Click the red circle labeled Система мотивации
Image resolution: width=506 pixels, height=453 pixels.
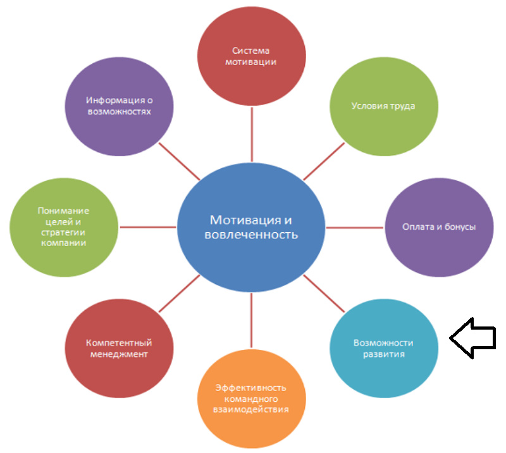[251, 56]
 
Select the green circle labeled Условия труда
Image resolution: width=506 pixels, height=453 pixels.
[384, 106]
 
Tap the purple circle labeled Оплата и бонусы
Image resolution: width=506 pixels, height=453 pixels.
[439, 227]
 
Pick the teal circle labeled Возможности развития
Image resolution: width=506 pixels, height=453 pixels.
[384, 348]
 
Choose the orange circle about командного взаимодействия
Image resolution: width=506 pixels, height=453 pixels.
[251, 399]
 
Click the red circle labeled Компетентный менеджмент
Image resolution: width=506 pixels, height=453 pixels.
[119, 348]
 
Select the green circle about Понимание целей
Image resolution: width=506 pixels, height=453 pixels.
[64, 227]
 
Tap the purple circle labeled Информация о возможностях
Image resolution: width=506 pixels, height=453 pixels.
[119, 106]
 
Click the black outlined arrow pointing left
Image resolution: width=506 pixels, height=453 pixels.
[472, 338]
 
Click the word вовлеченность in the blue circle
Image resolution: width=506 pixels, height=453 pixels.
[251, 235]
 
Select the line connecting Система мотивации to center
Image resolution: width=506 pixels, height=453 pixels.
[252, 134]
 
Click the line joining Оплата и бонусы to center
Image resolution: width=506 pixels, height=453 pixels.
[355, 228]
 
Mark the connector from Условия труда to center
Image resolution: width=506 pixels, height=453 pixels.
[324, 161]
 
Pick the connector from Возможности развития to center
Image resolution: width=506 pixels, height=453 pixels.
[324, 294]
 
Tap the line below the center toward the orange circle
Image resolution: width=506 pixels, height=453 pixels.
[251, 320]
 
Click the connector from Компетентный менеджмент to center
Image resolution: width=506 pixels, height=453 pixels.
[180, 294]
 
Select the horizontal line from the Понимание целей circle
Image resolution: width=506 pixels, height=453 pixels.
[148, 227]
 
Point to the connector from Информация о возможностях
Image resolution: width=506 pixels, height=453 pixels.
[180, 161]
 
